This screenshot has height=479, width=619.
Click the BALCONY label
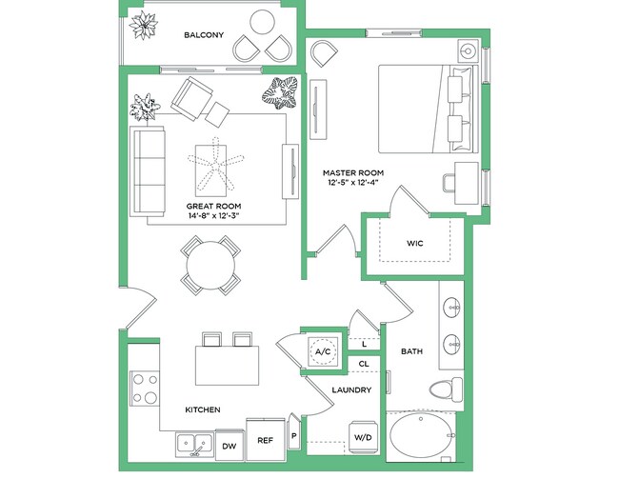(x=203, y=35)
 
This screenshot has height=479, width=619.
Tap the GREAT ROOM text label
(x=213, y=206)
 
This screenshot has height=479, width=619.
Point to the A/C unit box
(x=322, y=352)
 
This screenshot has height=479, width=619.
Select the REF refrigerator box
(x=266, y=440)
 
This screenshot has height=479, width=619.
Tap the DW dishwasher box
(x=229, y=445)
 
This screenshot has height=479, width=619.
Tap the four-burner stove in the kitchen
(x=144, y=389)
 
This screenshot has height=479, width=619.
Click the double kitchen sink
(x=196, y=444)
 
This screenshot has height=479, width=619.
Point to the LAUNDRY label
(x=350, y=390)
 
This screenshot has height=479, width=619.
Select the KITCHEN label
(x=203, y=409)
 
